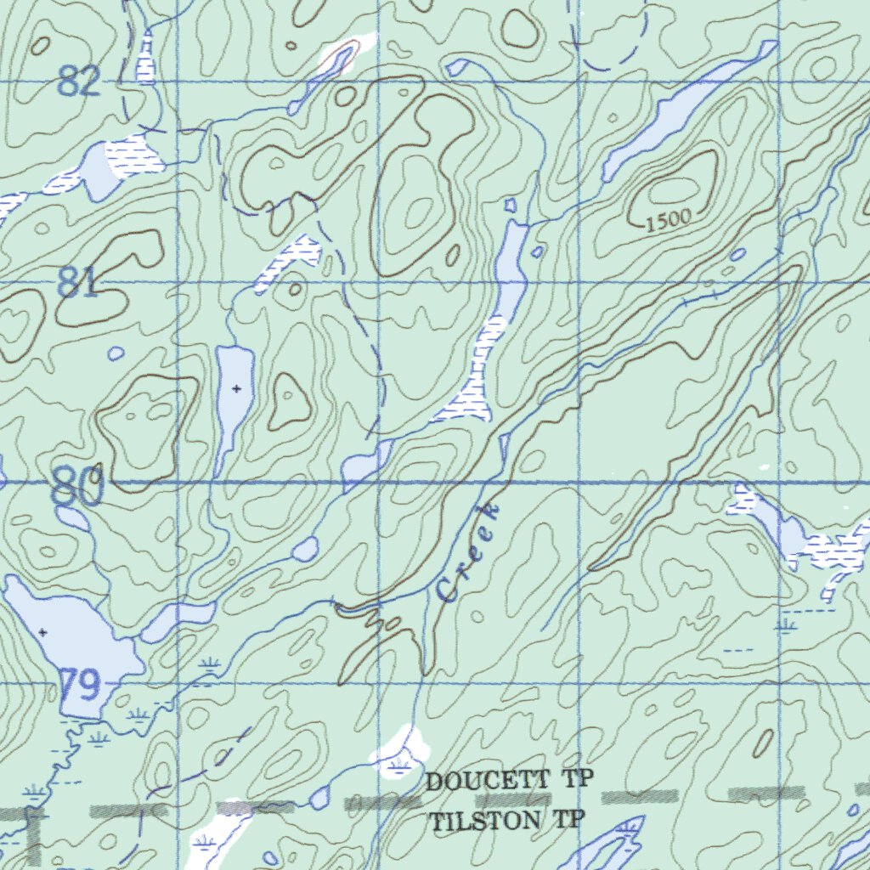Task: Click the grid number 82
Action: tap(81, 83)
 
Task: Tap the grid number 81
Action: tap(79, 283)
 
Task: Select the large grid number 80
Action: tap(77, 488)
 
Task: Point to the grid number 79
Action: tap(81, 684)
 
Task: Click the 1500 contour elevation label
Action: tap(668, 223)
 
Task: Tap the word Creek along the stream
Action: tap(467, 552)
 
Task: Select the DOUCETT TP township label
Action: tap(509, 781)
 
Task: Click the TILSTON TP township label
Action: tap(507, 822)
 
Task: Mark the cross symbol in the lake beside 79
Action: tap(42, 632)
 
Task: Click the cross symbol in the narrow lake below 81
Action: tap(236, 388)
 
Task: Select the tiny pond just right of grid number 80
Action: tap(116, 353)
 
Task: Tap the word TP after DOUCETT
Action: tap(577, 781)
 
